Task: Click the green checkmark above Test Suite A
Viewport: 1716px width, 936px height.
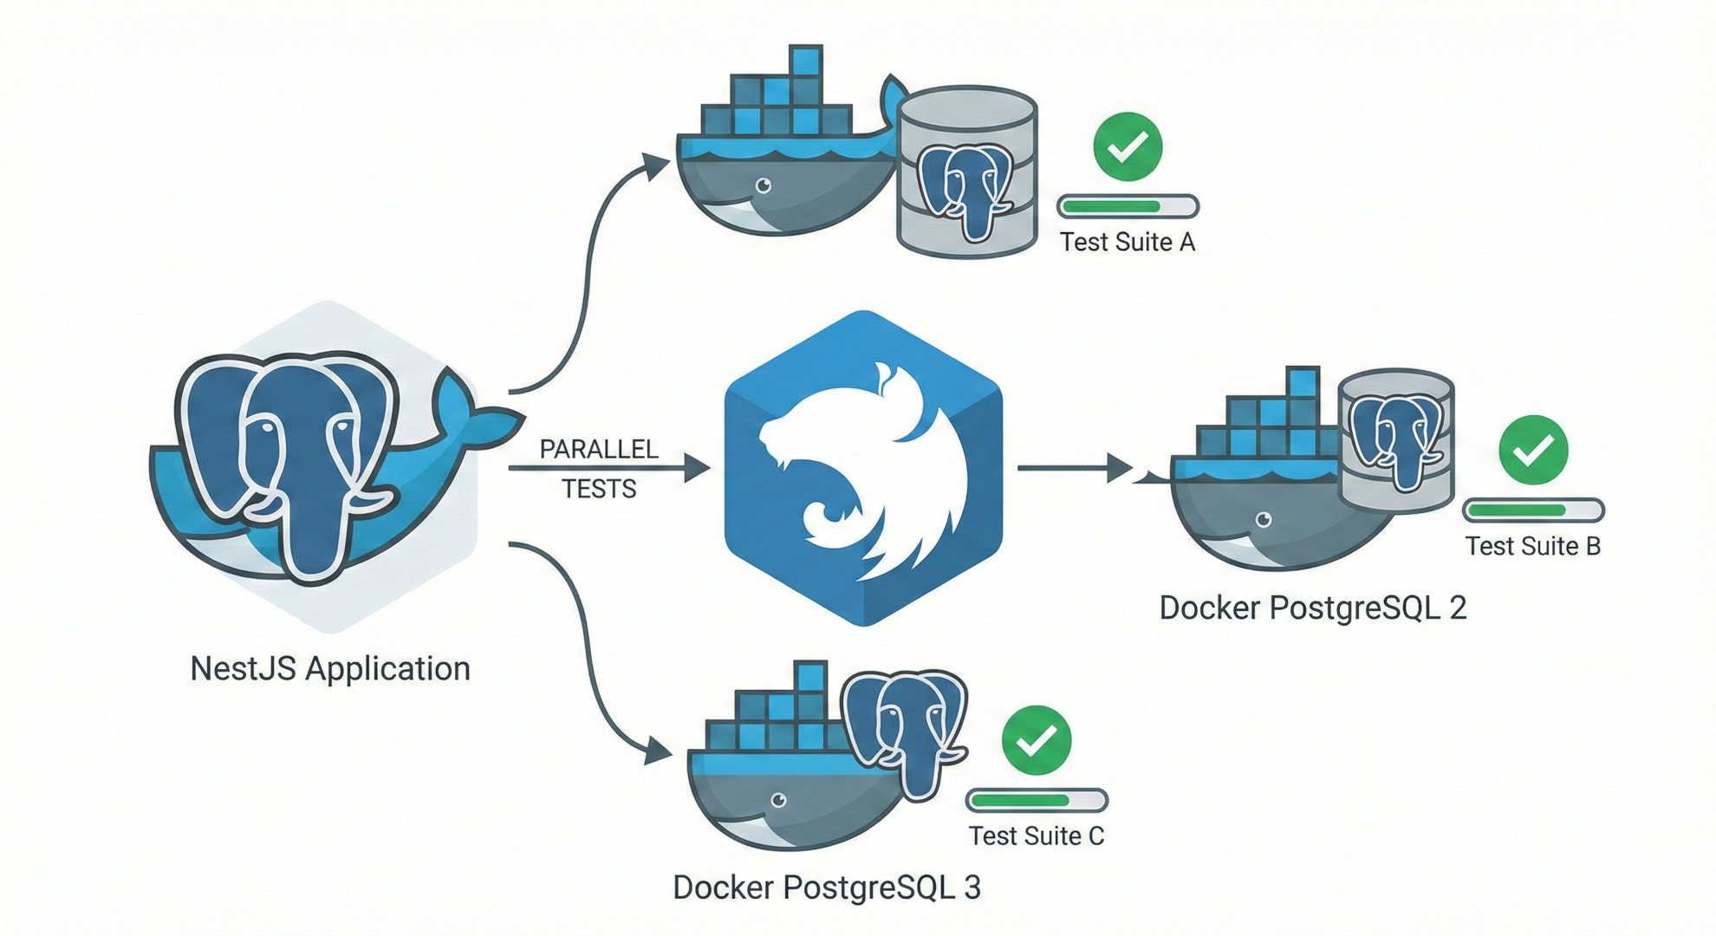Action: (x=1128, y=146)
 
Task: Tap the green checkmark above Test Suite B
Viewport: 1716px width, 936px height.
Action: (x=1533, y=450)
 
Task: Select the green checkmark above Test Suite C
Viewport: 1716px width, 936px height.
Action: (x=1037, y=739)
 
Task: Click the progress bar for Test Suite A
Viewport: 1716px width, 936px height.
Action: (x=1128, y=206)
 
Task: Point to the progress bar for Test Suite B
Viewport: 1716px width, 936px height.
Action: (x=1533, y=510)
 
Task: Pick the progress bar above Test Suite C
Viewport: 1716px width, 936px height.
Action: (x=1037, y=800)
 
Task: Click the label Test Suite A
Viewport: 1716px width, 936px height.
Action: (x=1128, y=242)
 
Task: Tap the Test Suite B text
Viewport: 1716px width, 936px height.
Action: (x=1532, y=546)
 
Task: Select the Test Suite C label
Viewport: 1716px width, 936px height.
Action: (x=1036, y=835)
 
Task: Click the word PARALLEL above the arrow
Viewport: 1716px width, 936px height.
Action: (x=599, y=449)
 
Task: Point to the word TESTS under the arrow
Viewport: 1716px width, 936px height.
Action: (x=599, y=489)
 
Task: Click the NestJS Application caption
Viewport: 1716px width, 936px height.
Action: (x=330, y=668)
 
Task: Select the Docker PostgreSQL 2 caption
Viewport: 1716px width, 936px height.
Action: (x=1312, y=608)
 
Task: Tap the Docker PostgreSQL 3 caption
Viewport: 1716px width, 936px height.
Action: (x=827, y=887)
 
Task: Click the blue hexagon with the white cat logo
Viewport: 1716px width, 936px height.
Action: (x=863, y=468)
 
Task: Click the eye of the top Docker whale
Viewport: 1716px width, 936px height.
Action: (x=764, y=185)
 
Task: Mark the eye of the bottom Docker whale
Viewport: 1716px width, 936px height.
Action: (x=778, y=800)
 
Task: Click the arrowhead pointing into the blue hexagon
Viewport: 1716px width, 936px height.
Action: (x=697, y=468)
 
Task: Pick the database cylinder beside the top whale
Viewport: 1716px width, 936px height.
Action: (x=967, y=171)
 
